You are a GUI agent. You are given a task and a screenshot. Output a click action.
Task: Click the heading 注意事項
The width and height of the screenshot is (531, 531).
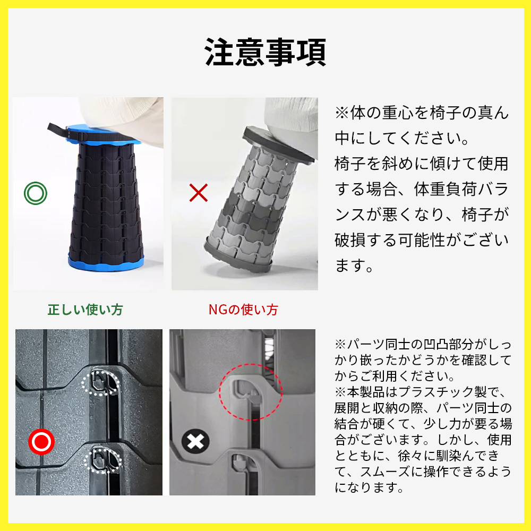pos(265,52)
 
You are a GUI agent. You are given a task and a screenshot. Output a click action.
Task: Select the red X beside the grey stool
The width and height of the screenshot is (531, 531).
pos(199,193)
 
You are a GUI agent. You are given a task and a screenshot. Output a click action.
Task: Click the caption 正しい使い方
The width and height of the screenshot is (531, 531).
pos(85,310)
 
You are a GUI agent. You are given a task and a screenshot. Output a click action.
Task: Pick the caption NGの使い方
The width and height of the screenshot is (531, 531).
pos(243,310)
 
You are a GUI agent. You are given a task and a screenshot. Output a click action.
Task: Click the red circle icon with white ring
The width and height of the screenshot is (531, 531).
pos(41,442)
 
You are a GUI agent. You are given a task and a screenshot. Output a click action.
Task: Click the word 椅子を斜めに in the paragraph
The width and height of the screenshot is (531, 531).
pos(382,164)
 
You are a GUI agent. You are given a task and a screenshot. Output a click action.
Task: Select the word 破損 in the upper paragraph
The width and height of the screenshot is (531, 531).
pos(350,240)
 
